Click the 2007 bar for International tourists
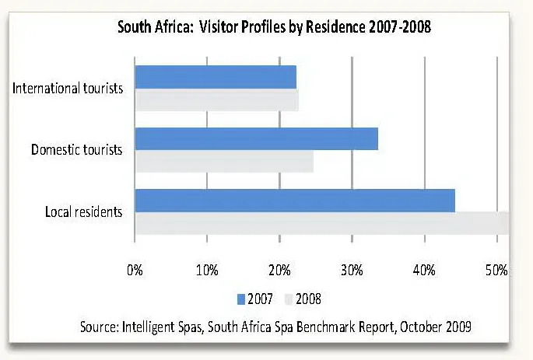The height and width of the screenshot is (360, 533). tap(216, 77)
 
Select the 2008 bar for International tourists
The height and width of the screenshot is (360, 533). tap(216, 100)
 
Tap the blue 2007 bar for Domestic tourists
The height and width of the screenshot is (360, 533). tap(256, 138)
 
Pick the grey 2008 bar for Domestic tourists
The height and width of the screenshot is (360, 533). tap(223, 162)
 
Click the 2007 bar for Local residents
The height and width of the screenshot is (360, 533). tap(294, 200)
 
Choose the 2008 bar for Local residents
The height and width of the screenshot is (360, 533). tap(321, 223)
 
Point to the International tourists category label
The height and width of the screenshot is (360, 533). tap(68, 88)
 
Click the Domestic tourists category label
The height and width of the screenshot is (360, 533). tap(76, 149)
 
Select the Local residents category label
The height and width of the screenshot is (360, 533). tap(83, 211)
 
